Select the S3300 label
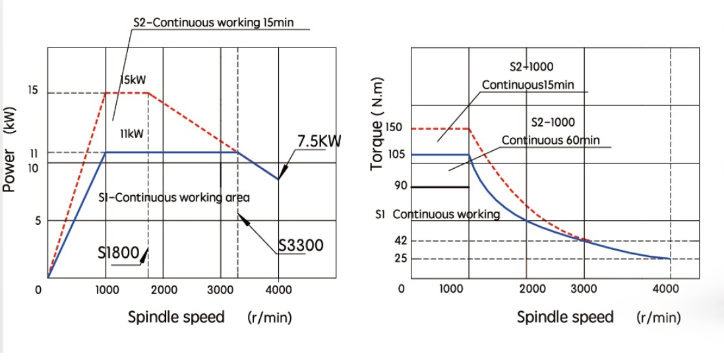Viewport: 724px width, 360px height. click(x=301, y=246)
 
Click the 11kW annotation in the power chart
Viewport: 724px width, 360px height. click(x=132, y=134)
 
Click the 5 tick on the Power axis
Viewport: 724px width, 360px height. click(x=38, y=221)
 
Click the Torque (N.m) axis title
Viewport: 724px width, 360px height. click(x=377, y=132)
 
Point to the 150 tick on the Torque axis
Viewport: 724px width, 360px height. click(x=394, y=127)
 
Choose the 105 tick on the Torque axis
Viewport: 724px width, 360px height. click(x=394, y=154)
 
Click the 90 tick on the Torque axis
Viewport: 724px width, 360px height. click(x=400, y=185)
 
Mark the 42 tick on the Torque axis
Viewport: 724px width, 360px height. click(x=400, y=240)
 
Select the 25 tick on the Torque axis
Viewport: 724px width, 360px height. click(x=400, y=258)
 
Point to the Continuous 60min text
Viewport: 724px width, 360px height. click(x=551, y=140)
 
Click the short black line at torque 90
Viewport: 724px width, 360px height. click(x=440, y=187)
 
